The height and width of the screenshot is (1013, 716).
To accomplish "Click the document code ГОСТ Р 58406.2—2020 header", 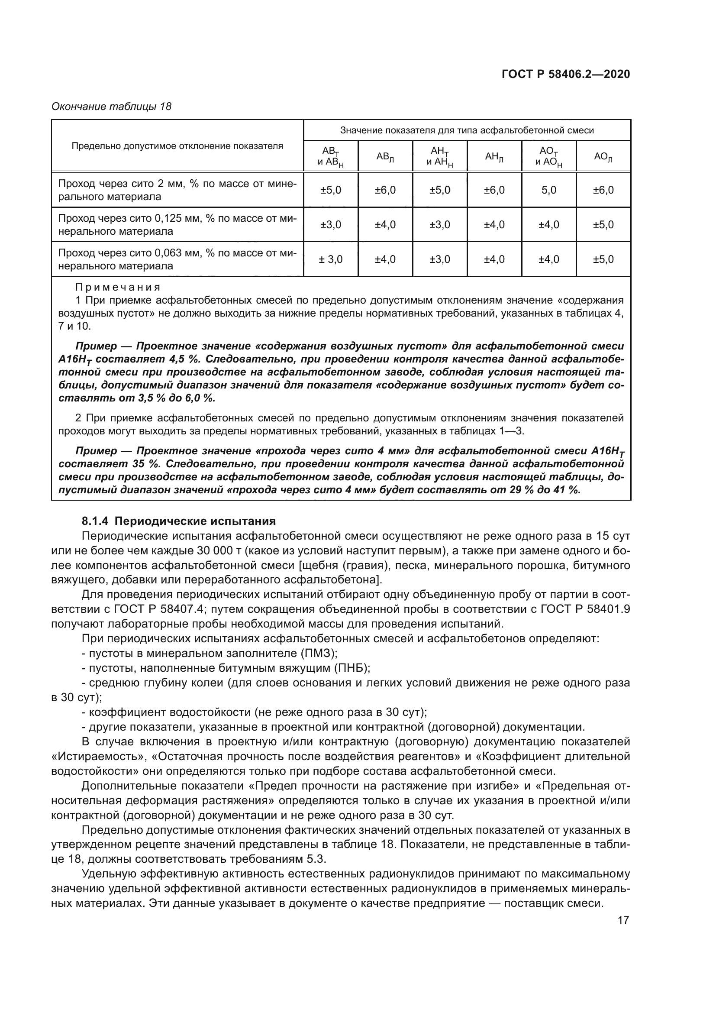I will coord(566,74).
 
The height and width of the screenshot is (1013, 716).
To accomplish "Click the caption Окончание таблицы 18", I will coord(111,107).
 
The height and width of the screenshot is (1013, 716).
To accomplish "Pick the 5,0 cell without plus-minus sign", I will coord(548,190).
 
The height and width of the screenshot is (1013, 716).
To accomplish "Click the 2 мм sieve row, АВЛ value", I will coord(385,190).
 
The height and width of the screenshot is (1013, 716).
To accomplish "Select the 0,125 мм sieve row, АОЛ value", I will coord(603,225).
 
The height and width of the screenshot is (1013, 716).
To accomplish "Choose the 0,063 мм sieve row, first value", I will coord(331,259).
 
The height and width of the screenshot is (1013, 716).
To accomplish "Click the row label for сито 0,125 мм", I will coord(177,225).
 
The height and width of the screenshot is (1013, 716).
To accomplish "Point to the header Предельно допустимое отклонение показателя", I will coord(177,146).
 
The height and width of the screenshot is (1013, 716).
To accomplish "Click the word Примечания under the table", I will coord(118,288).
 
